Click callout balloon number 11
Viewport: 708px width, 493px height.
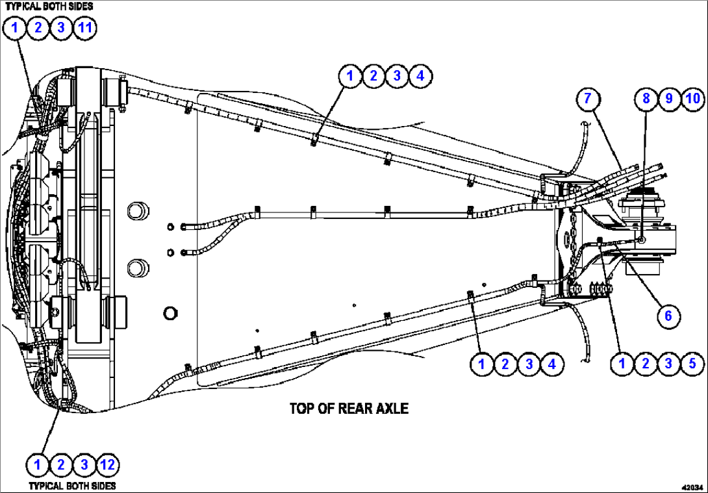pos(84,27)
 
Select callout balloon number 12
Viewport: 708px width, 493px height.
pos(107,464)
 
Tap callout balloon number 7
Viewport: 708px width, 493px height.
pos(587,98)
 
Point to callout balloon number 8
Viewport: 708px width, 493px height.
pos(646,98)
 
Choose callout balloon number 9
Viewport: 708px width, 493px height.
pos(669,98)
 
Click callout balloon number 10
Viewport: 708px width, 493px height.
pos(692,98)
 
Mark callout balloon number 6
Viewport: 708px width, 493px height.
pos(668,316)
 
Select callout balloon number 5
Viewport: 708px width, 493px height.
pos(692,364)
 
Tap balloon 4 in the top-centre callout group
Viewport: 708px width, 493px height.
pos(420,75)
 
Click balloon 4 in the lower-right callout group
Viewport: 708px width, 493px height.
pos(552,364)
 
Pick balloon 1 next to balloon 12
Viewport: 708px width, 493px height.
pos(38,464)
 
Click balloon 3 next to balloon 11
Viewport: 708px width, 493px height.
pos(61,27)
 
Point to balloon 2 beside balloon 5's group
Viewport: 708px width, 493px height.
pos(646,364)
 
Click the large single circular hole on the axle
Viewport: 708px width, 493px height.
pos(170,313)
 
